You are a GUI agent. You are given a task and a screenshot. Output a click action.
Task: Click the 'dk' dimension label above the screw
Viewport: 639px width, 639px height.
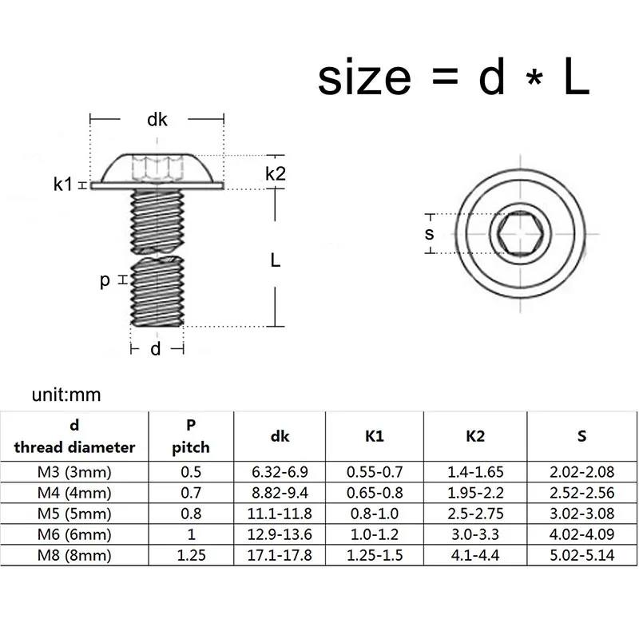[157, 120]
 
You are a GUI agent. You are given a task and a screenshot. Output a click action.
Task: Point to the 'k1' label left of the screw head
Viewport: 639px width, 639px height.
[63, 185]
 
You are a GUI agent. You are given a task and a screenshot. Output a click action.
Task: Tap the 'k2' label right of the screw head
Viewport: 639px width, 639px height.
[276, 173]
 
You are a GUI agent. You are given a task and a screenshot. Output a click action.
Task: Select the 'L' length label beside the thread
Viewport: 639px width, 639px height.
[275, 260]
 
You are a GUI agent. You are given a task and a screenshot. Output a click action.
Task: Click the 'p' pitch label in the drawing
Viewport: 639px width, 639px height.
[105, 280]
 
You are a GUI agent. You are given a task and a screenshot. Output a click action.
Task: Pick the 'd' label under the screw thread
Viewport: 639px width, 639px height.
[157, 348]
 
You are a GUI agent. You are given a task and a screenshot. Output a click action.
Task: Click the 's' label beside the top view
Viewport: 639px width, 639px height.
[429, 233]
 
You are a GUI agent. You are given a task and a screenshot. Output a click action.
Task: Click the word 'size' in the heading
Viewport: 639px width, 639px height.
[364, 78]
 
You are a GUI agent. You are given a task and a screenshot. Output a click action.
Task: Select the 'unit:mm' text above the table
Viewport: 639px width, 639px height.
[67, 395]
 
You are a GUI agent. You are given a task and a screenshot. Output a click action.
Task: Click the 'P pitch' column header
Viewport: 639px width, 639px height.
[192, 436]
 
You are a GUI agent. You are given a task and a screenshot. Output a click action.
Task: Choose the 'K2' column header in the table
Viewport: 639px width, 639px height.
[474, 436]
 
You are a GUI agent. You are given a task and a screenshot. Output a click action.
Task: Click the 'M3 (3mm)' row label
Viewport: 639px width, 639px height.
[73, 472]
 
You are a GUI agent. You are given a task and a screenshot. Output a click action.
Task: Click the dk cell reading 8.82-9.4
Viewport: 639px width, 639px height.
[280, 493]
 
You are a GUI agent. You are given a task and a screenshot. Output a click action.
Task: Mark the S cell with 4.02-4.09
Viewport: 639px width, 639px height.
[582, 534]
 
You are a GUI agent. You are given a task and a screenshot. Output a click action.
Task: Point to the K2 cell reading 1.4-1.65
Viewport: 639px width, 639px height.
[474, 472]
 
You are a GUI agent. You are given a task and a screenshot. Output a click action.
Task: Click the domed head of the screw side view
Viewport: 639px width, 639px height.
[157, 168]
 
